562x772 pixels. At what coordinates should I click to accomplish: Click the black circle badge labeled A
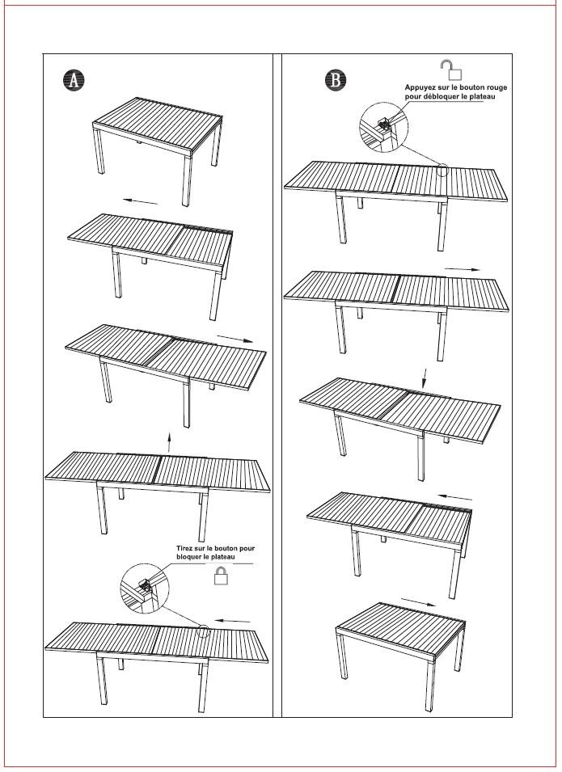[x=74, y=80]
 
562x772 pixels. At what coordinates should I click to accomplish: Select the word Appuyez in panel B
[x=422, y=86]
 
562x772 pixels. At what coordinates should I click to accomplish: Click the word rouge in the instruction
[x=494, y=86]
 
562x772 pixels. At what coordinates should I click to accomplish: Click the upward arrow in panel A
[x=169, y=441]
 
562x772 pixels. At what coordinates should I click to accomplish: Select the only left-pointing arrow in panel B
[x=456, y=496]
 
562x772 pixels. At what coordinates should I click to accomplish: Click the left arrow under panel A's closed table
[x=141, y=200]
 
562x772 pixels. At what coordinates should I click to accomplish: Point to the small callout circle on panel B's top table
[x=442, y=171]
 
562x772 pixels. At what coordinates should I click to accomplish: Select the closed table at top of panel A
[x=158, y=133]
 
